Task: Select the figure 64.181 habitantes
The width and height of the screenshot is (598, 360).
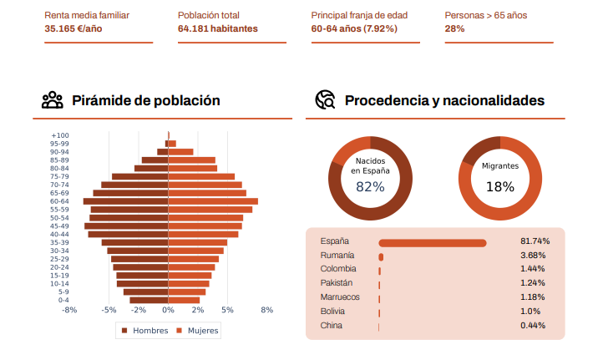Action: click(x=218, y=28)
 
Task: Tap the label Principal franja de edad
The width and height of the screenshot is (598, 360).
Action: click(x=360, y=15)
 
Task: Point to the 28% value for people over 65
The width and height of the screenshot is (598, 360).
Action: click(x=454, y=28)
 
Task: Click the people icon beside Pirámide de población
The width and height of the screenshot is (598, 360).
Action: click(x=53, y=100)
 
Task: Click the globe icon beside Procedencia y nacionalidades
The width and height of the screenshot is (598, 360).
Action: click(x=325, y=100)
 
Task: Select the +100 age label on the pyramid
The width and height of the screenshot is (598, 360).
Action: click(x=60, y=135)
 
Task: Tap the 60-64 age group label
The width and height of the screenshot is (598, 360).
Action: click(x=59, y=201)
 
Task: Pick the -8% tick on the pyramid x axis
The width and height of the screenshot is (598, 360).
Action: click(x=69, y=310)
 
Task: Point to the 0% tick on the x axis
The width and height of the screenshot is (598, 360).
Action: click(x=168, y=310)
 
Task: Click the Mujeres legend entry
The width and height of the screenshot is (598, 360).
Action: click(x=198, y=330)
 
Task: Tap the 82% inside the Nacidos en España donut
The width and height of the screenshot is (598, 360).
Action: click(x=370, y=187)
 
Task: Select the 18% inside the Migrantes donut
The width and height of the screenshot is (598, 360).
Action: click(x=499, y=187)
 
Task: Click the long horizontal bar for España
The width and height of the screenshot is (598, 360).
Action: click(x=433, y=242)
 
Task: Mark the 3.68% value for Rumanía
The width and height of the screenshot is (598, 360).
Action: click(x=533, y=255)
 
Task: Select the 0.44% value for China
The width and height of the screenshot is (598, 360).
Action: click(x=533, y=326)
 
